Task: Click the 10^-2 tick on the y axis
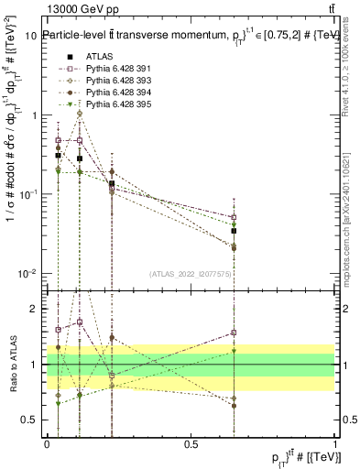tap(27, 275)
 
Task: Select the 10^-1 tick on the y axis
tap(27, 195)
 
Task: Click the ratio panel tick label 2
tap(35, 309)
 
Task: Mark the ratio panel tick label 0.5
tap(30, 420)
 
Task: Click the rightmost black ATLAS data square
tap(235, 231)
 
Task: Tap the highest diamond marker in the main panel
tap(80, 114)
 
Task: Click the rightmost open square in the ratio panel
tap(235, 333)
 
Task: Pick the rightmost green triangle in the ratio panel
tap(235, 351)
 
